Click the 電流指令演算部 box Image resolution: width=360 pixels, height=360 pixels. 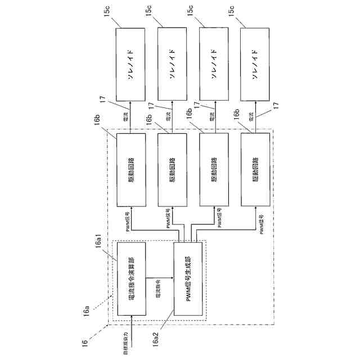pyautogui.click(x=130, y=278)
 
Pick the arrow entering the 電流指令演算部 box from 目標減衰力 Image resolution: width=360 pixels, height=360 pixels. pyautogui.click(x=131, y=323)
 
